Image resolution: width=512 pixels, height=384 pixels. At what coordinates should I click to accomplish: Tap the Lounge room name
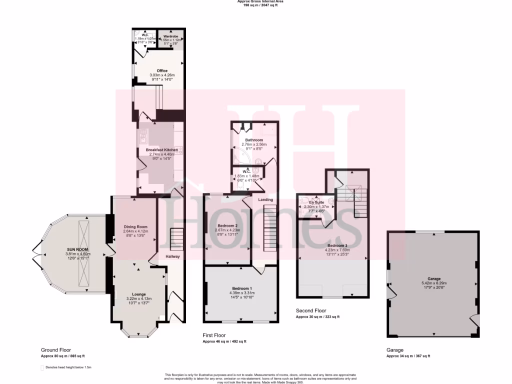(x=139, y=294)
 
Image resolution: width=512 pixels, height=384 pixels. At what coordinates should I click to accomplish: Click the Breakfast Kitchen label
(x=161, y=149)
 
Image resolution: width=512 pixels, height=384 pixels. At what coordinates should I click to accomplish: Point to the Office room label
(x=162, y=71)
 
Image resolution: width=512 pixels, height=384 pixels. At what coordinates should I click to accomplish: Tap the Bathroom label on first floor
(x=254, y=140)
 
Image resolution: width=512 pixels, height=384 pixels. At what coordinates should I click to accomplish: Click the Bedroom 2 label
(x=227, y=225)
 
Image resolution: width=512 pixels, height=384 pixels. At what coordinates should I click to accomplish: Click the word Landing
(x=265, y=199)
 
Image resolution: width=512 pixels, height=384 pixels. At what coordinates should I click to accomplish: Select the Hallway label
(x=172, y=256)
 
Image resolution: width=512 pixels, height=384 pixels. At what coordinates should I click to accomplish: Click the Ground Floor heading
(x=56, y=350)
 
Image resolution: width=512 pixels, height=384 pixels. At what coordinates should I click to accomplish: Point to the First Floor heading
(x=214, y=335)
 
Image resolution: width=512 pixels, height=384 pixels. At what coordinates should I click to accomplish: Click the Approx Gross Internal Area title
(x=256, y=1)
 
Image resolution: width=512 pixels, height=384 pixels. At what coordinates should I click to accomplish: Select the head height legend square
(x=42, y=367)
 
